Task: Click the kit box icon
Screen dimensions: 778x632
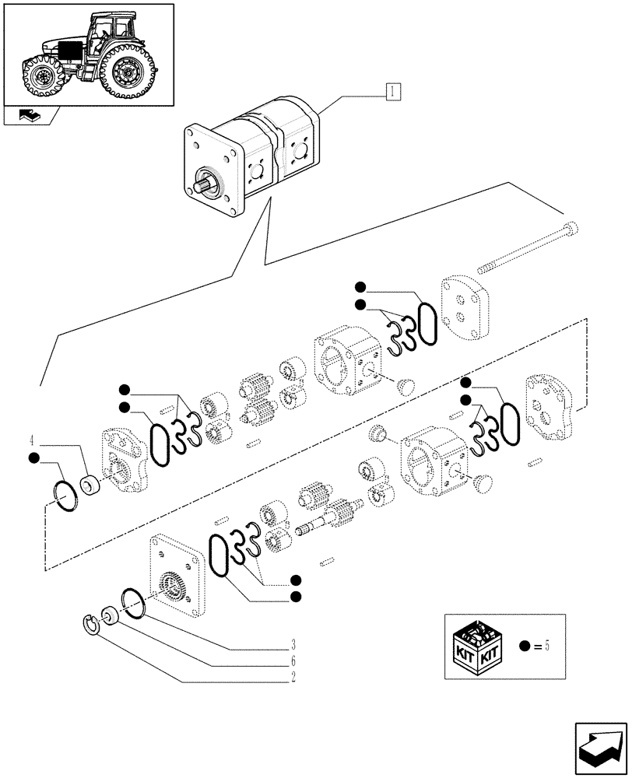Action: pyautogui.click(x=477, y=645)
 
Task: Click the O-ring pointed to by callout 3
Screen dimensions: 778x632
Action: pyautogui.click(x=134, y=604)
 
